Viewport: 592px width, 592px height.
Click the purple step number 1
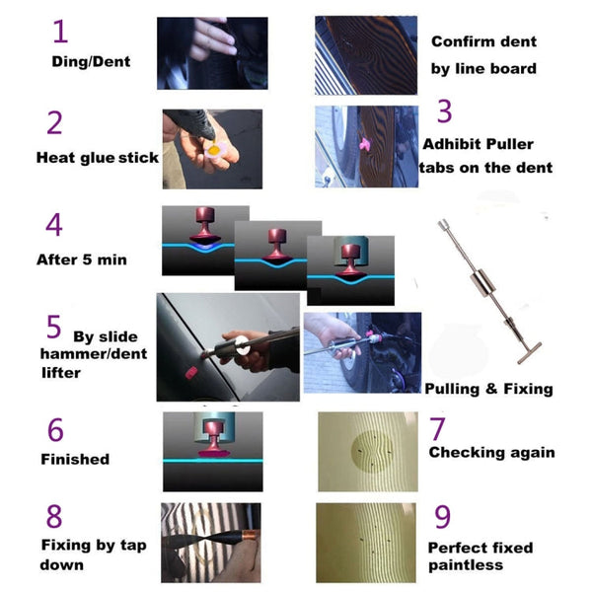[x=60, y=32]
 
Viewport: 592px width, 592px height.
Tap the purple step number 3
[x=445, y=111]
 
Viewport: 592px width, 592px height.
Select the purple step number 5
[x=53, y=325]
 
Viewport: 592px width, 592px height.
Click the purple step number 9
[x=442, y=516]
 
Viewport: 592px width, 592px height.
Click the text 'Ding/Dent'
[x=91, y=61]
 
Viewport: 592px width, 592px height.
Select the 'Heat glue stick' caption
[x=97, y=157]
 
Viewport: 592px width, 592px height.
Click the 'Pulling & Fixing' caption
[x=488, y=389]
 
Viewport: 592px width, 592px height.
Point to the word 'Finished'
[x=75, y=459]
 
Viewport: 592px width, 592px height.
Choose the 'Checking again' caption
[x=491, y=453]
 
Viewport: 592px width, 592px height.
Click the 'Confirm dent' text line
[x=484, y=41]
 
